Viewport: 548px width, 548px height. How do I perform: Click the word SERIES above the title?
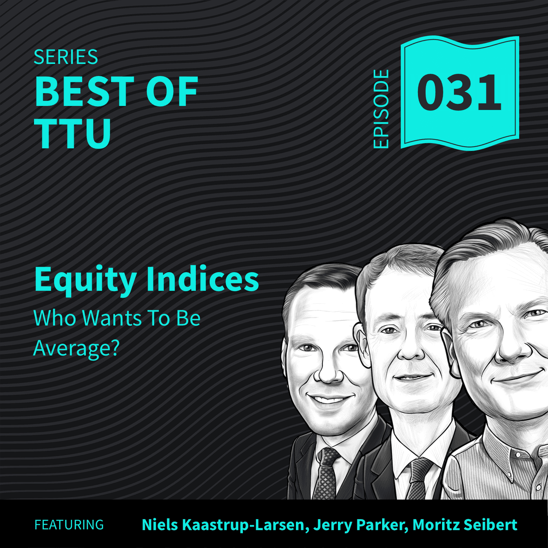[x=66, y=57]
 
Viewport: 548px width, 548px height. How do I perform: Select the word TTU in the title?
[x=73, y=133]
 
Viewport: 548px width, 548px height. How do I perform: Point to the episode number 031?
[x=458, y=93]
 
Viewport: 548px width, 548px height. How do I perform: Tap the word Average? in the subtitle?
[x=76, y=349]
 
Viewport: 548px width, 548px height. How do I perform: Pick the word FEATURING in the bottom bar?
[x=69, y=525]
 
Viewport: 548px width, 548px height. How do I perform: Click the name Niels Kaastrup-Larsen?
[x=223, y=525]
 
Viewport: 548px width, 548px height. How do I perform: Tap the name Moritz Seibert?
[x=465, y=525]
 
